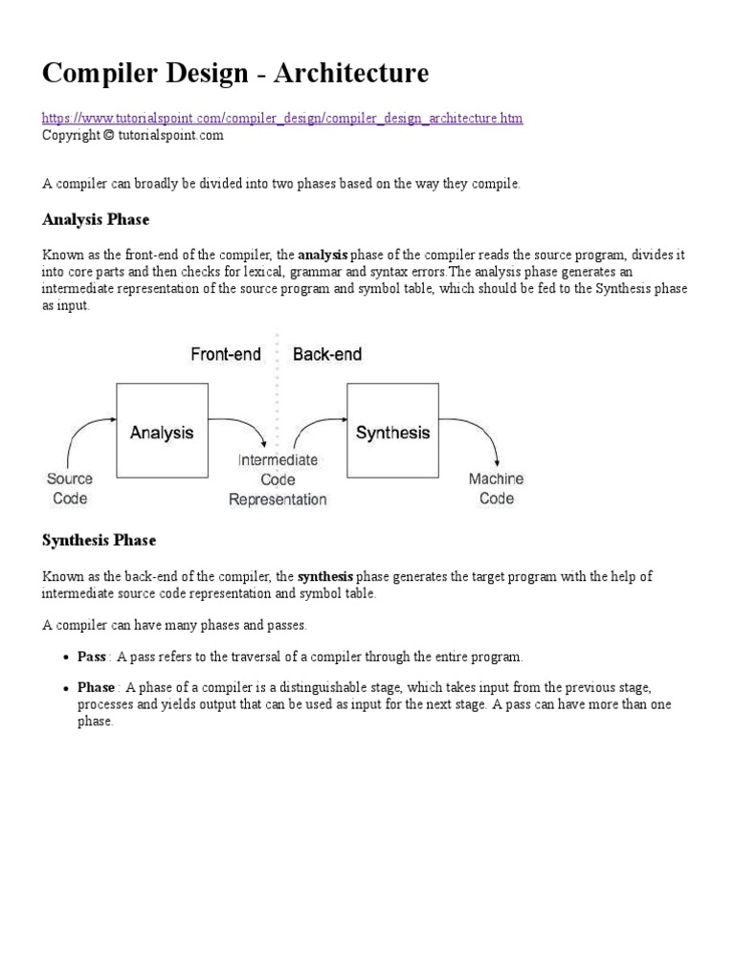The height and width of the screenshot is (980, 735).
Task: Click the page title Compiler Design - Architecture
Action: click(235, 73)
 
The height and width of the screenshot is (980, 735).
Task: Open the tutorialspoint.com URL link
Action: click(282, 118)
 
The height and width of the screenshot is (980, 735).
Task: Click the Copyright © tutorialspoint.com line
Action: click(132, 135)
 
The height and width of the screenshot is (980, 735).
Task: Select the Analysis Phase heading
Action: click(96, 220)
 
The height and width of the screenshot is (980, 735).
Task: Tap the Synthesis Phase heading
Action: click(99, 541)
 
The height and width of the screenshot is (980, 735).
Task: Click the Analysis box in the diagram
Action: click(162, 432)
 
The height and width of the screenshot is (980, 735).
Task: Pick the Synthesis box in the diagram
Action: click(392, 432)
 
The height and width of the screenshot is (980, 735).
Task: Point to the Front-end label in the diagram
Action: click(226, 354)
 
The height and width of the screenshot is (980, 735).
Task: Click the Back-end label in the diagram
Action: click(327, 354)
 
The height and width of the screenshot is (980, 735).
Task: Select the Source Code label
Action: click(70, 488)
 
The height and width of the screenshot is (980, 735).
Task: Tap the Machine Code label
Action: click(496, 488)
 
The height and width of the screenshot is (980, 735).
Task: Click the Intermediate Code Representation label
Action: click(278, 479)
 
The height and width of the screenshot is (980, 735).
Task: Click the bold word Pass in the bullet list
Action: click(92, 657)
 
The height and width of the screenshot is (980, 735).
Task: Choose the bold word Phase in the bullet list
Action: click(97, 688)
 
